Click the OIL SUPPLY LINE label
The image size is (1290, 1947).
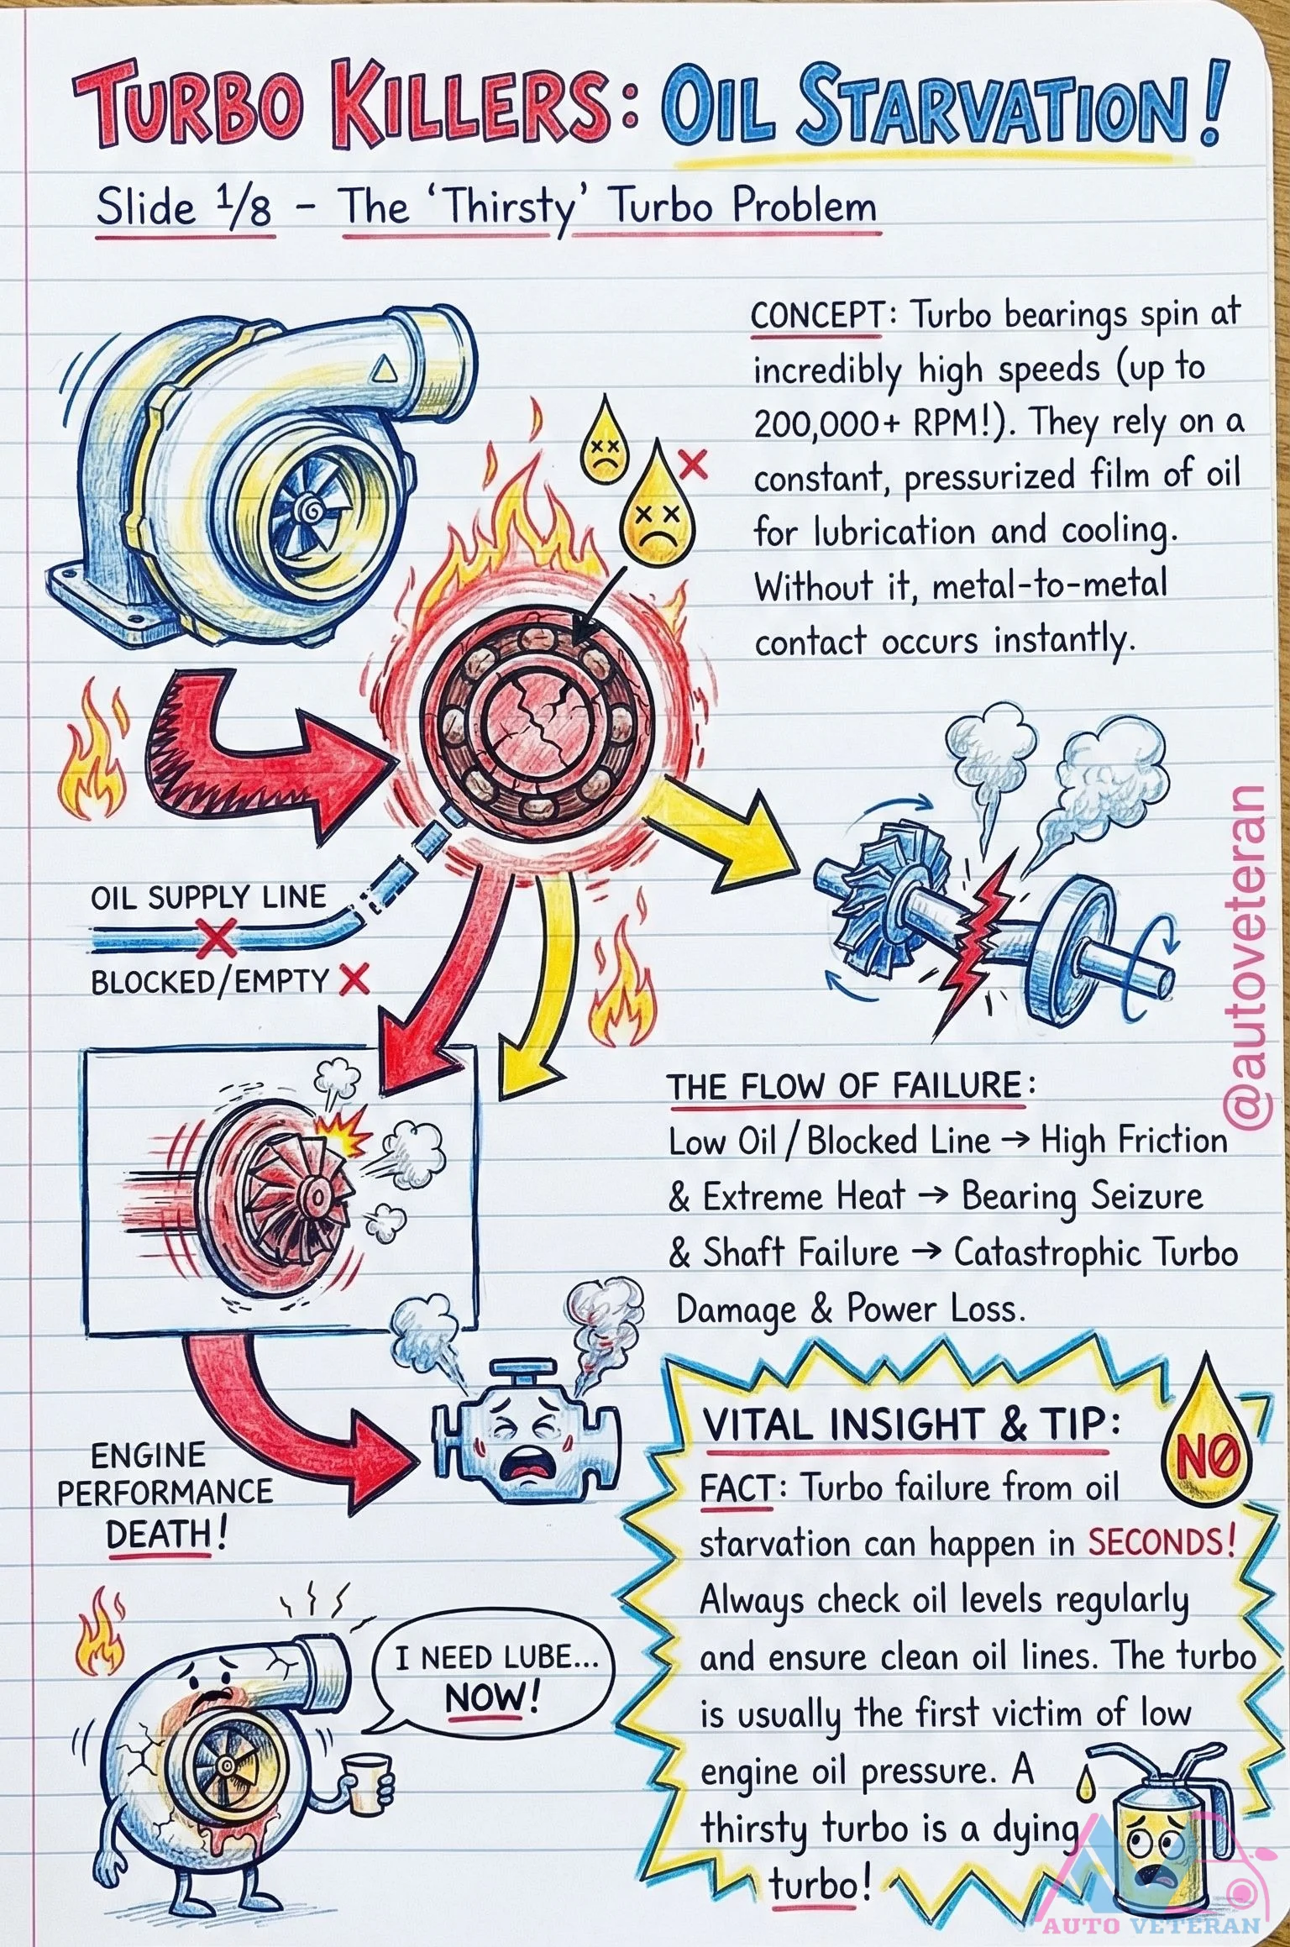208,897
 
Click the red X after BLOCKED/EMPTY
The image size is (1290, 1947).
354,979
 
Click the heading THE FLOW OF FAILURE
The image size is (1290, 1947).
843,1086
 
